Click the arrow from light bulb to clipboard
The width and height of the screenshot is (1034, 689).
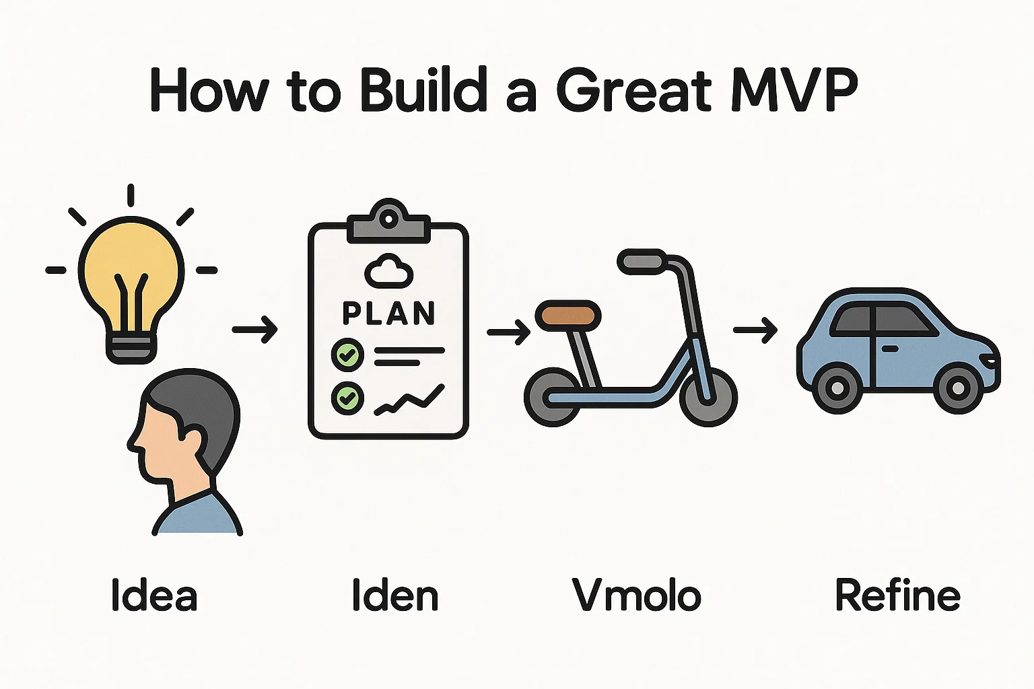coord(255,330)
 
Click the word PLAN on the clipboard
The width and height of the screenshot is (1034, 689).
coord(388,314)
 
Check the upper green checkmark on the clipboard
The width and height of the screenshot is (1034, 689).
coord(347,355)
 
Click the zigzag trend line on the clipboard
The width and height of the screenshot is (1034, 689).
coord(409,400)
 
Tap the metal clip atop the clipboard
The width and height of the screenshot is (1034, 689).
coord(388,221)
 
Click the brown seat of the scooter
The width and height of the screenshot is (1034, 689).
coord(568,316)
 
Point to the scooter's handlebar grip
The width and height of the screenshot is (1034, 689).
coord(643,262)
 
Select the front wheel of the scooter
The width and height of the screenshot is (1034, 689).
coord(709,398)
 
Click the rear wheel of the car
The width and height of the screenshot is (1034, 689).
coord(837,388)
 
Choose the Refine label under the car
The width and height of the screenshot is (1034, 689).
coord(898,595)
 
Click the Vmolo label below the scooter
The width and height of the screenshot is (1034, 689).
coord(637,595)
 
